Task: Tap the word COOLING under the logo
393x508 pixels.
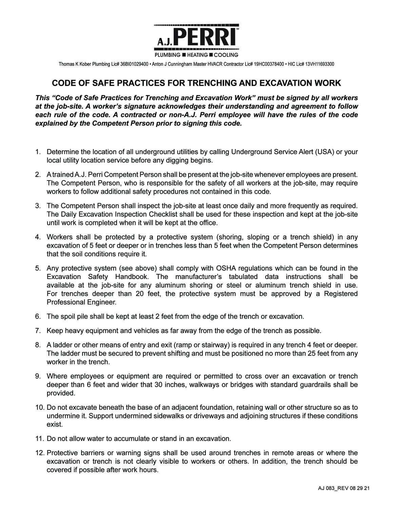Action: point(226,55)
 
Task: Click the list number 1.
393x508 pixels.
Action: point(38,152)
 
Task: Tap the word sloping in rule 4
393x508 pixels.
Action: point(259,237)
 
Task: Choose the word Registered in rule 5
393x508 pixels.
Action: point(341,294)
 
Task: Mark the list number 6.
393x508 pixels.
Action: point(38,316)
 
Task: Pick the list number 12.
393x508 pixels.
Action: point(39,453)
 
